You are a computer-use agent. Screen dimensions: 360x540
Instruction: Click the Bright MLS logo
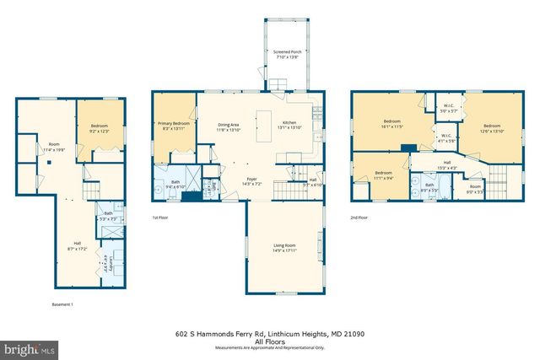[x=29, y=347]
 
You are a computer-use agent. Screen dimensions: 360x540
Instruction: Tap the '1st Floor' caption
[x=161, y=218]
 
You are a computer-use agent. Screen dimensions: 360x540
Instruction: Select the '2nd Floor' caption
[x=359, y=218]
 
